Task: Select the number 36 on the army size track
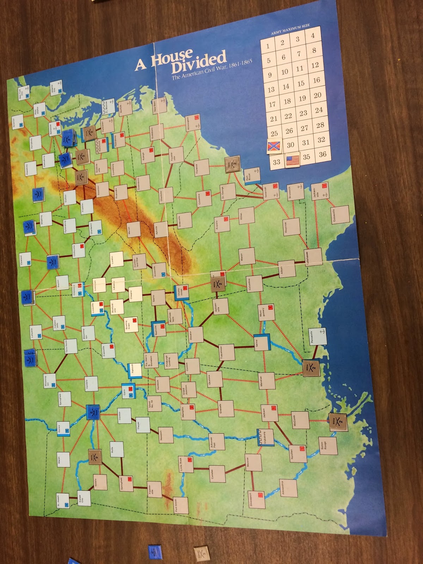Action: [x=323, y=154]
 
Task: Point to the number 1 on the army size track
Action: [x=268, y=46]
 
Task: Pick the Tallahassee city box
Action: [x=313, y=257]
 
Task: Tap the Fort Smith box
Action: [x=179, y=505]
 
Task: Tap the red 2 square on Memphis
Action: [x=192, y=407]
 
